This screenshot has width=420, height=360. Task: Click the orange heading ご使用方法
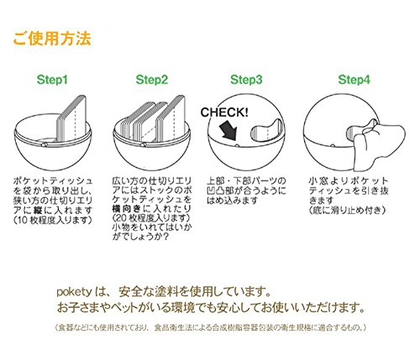(x=52, y=39)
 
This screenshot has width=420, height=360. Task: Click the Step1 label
(x=52, y=80)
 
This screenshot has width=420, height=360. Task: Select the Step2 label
(x=152, y=80)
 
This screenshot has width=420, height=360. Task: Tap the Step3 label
(x=246, y=80)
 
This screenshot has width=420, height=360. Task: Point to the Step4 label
(x=354, y=80)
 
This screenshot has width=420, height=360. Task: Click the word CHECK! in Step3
(x=224, y=112)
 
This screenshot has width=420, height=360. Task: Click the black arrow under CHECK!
(x=228, y=132)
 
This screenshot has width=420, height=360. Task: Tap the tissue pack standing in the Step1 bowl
(x=72, y=118)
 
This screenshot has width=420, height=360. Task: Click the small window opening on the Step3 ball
(x=266, y=129)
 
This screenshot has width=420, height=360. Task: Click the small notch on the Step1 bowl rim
(x=45, y=144)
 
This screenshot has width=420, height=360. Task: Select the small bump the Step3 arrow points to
(x=237, y=145)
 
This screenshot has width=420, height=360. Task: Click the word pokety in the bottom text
(x=74, y=292)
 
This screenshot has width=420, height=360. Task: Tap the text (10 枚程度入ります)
(x=53, y=220)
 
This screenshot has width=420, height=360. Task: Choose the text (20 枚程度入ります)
(x=151, y=217)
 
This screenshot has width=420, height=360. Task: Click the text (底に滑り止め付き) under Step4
(x=347, y=210)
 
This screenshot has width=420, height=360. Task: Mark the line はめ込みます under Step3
(x=232, y=201)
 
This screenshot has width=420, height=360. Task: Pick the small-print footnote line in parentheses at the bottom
(x=210, y=327)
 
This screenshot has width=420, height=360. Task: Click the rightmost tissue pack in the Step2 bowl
(x=171, y=118)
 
